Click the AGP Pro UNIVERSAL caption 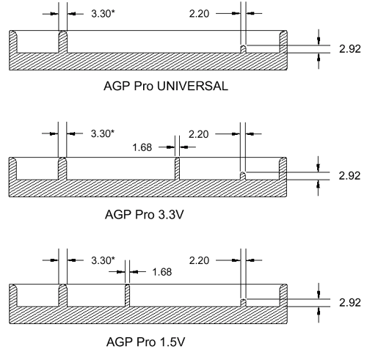coord(166,87)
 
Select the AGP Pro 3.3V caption coord(145,215)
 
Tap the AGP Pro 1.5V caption coord(146,342)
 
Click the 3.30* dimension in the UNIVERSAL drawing coord(103,14)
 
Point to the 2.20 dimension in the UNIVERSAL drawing coord(199,14)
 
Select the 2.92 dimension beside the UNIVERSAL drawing coord(350,49)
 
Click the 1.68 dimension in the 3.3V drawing coord(142,147)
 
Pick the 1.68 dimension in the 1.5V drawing coord(162,272)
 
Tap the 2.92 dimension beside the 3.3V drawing coord(349,176)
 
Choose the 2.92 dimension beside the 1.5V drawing coord(350,303)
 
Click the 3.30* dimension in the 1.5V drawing coord(103,260)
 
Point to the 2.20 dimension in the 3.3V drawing coord(199,134)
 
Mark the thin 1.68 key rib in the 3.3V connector coord(177,169)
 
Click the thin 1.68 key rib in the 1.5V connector coord(127,295)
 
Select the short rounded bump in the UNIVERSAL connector coord(243,49)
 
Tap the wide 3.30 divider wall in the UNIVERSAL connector coord(63,42)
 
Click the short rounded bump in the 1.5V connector coord(243,303)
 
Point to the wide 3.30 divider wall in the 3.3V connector coord(62,169)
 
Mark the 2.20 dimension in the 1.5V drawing coord(199,260)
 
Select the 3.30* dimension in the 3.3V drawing coord(103,133)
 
